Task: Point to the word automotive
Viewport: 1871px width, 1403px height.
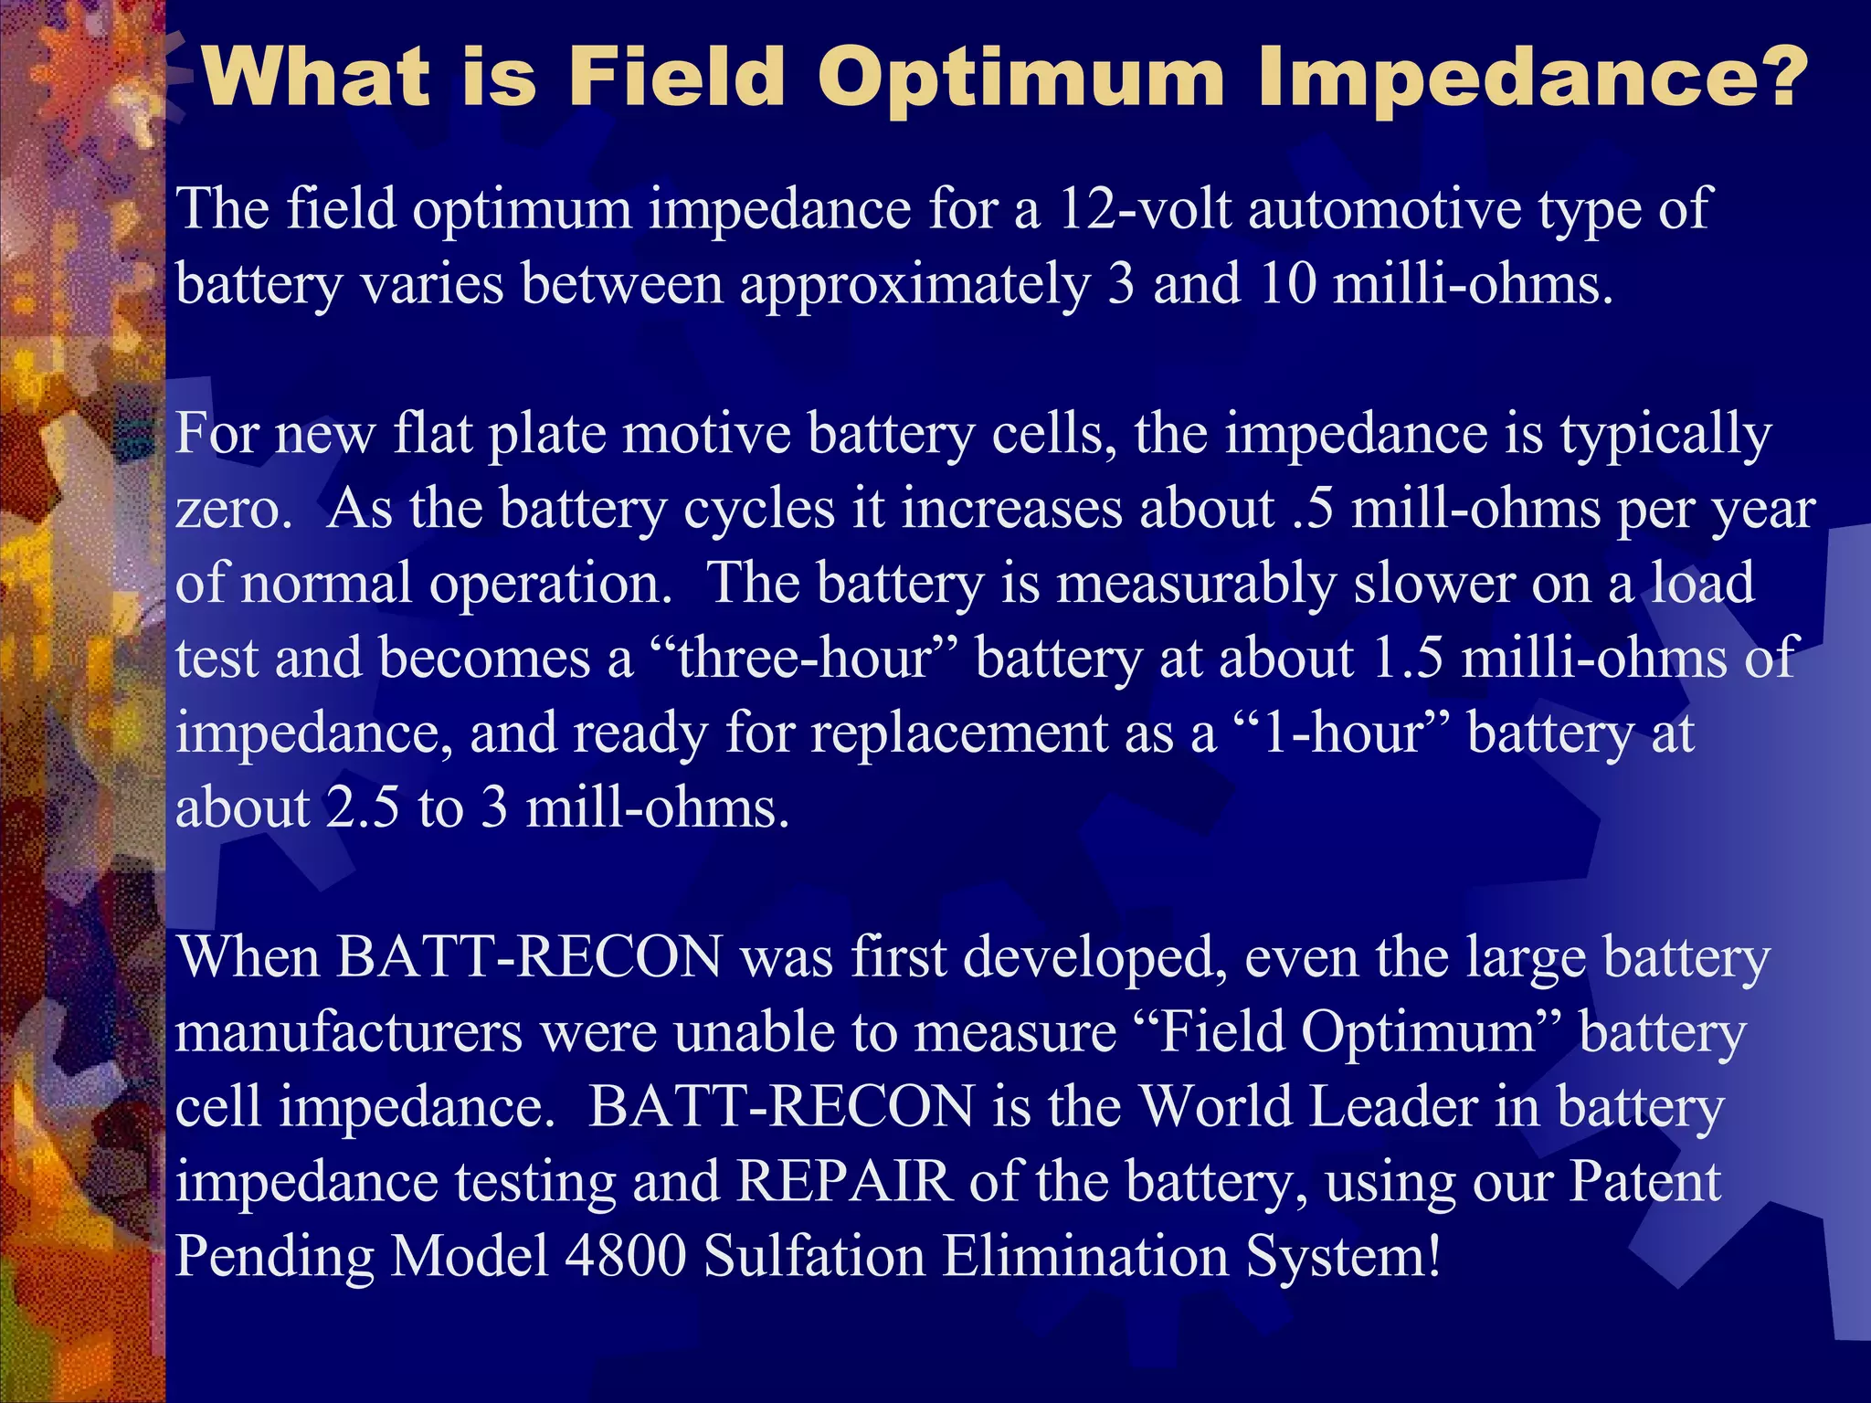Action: tap(1384, 209)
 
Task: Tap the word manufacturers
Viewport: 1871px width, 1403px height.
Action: tap(348, 1033)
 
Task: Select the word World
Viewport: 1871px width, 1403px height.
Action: tap(1214, 1108)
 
